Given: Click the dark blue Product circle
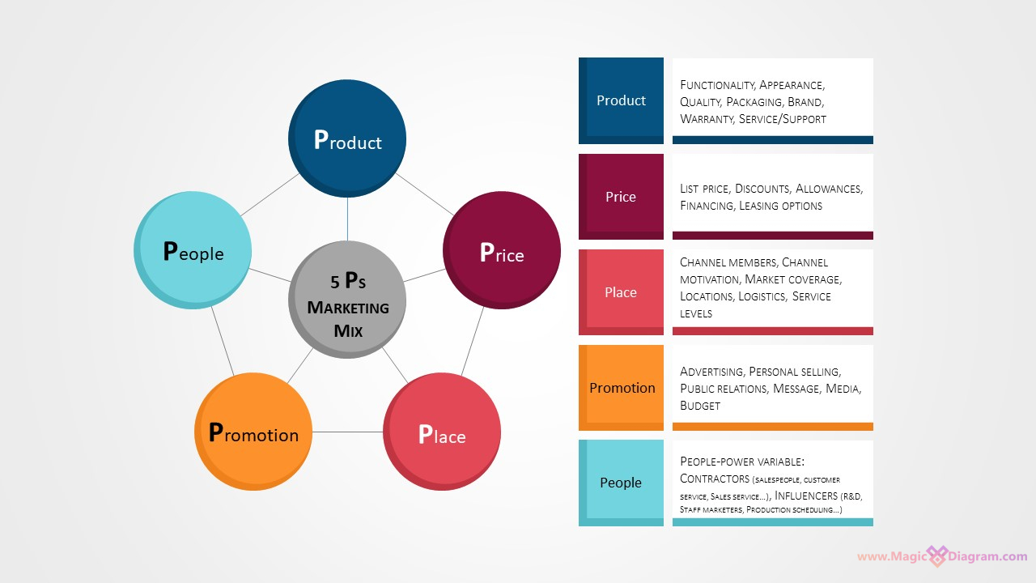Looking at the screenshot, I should click(x=347, y=138).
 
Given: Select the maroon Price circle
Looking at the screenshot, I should click(x=502, y=250).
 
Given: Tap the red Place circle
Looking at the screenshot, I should click(x=442, y=432).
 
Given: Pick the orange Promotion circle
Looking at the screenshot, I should click(x=253, y=432).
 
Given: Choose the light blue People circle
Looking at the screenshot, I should click(x=193, y=250).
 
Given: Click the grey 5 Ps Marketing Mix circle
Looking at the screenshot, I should click(x=347, y=300).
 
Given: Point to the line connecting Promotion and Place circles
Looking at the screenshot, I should click(x=347, y=432).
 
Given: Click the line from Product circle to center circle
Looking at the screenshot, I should click(x=347, y=219).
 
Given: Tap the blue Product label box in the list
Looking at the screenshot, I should click(x=621, y=100).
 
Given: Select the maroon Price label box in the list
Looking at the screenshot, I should click(x=621, y=197).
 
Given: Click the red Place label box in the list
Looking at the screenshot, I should click(x=621, y=292).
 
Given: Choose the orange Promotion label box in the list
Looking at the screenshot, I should click(x=622, y=388).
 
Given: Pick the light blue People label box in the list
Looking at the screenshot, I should click(x=621, y=483).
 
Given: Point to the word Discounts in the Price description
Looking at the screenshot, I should click(x=762, y=189).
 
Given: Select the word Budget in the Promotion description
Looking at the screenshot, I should click(x=700, y=406).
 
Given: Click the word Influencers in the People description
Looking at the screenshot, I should click(x=805, y=495).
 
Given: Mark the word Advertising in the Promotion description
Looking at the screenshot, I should click(x=711, y=372).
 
